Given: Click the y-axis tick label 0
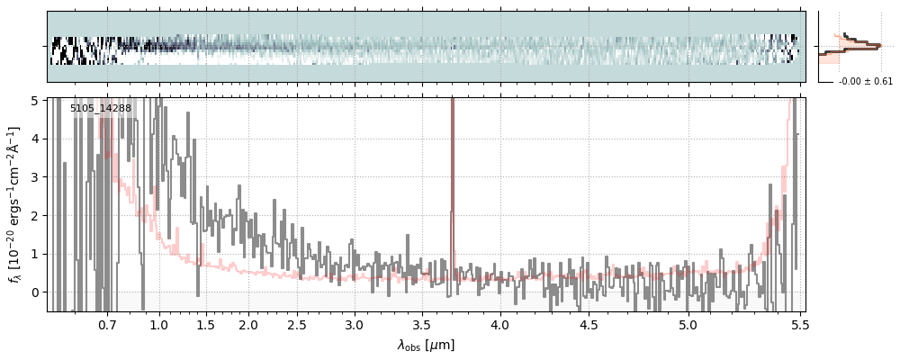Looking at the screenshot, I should coord(36,292).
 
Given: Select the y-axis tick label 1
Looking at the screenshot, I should coord(36,254).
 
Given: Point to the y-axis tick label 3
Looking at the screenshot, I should coord(36,177).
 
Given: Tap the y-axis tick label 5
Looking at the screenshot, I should coord(36,101).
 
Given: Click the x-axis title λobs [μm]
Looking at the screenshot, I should coord(426,345).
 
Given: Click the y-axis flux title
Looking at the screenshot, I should coord(15,205).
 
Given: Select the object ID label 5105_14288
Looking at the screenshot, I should coord(101,109).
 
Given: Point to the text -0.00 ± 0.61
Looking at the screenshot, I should coord(865,82).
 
